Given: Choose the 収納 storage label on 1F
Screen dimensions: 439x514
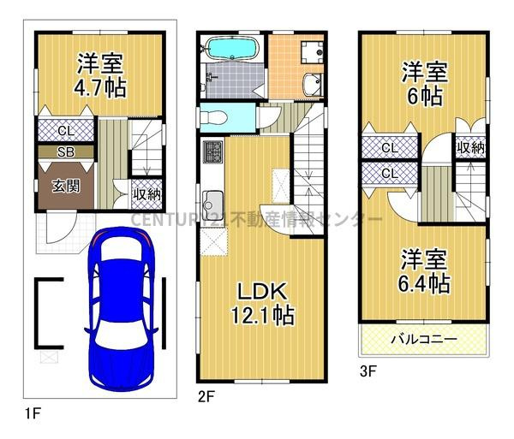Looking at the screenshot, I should point(146,193).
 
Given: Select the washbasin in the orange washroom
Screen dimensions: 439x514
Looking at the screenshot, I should point(312,84).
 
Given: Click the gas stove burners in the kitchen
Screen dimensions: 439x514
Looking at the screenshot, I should point(212,156).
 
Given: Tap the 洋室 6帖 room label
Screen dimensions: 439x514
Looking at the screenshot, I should point(423,83).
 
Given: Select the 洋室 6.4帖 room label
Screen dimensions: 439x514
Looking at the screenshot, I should point(421,272).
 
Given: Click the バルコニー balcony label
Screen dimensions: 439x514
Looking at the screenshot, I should point(423,340).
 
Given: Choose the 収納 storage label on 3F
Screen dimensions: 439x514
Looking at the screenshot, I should point(470,147).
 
